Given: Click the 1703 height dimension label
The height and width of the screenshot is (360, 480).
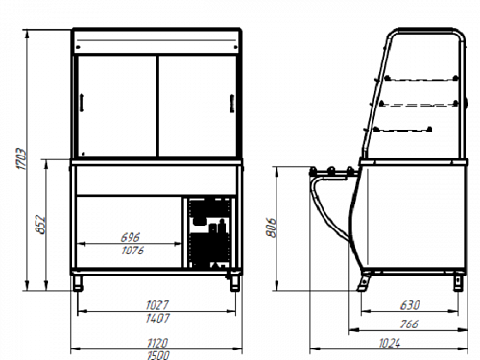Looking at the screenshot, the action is tap(22, 158).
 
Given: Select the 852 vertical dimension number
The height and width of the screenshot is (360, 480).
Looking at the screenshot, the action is tap(41, 225).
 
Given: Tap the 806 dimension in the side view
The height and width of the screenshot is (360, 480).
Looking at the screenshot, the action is tap(271, 228).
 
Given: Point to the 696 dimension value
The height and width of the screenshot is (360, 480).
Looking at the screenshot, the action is tap(131, 237).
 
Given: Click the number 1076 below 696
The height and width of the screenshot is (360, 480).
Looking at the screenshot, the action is tap(132, 251).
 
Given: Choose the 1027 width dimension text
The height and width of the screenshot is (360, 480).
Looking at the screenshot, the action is tap(157, 305).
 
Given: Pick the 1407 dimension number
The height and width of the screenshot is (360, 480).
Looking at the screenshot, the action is tap(157, 318).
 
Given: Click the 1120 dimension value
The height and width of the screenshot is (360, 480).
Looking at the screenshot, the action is tap(157, 343).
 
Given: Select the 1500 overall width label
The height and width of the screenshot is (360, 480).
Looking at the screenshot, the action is tap(158, 355).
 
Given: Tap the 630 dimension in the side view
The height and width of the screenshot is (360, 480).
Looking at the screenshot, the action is tap(410, 305).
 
